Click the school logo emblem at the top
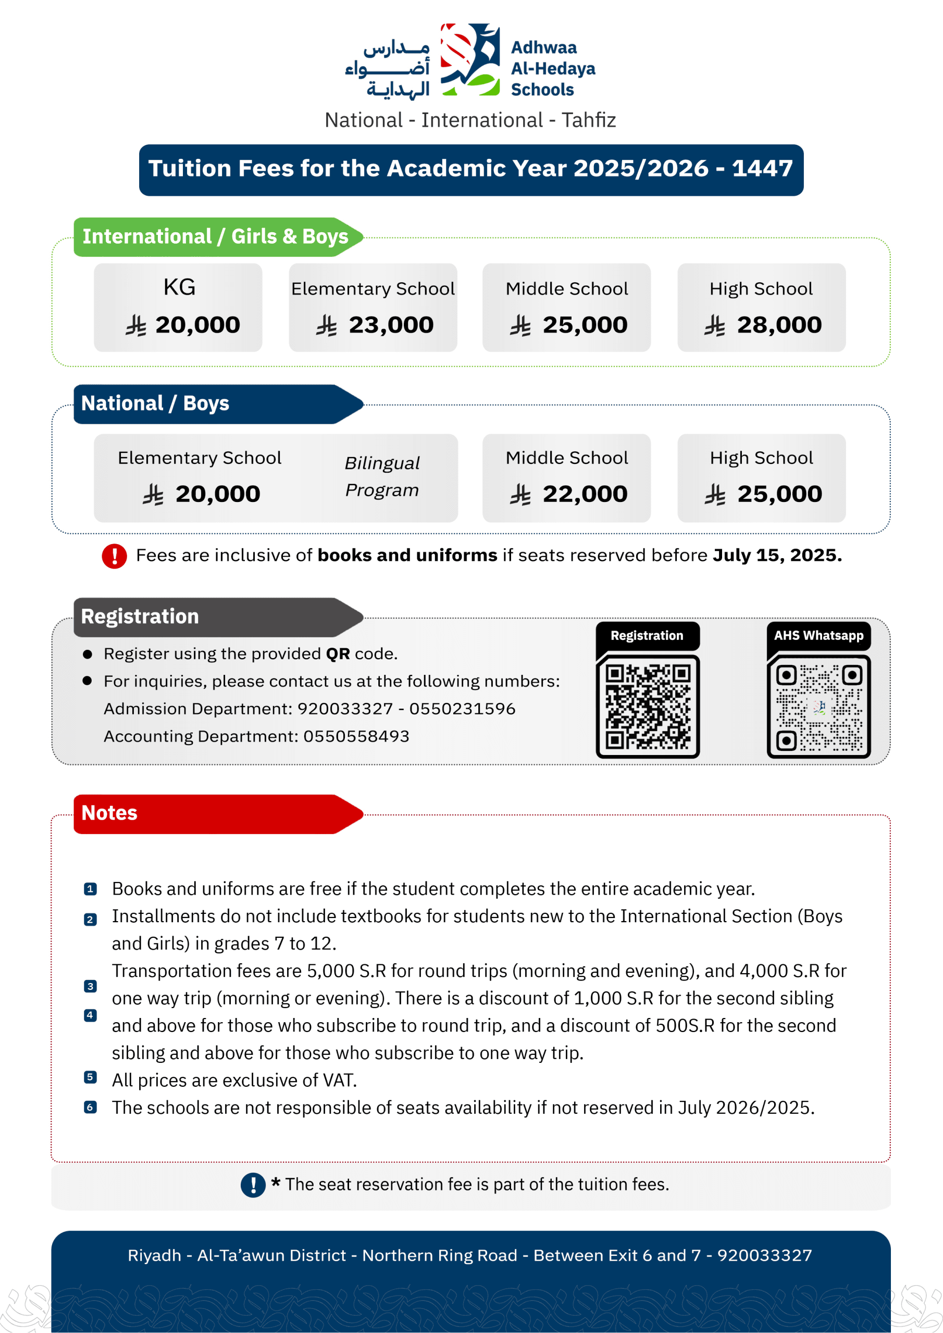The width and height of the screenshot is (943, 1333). (x=470, y=59)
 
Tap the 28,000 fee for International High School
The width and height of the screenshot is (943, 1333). (x=778, y=325)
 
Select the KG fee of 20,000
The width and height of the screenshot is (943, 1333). (x=197, y=325)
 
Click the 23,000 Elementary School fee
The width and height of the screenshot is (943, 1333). (x=390, y=325)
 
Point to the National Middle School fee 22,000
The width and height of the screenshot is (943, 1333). (x=585, y=494)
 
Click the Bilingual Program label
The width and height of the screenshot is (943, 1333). (x=382, y=476)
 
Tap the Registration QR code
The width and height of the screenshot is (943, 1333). (x=647, y=706)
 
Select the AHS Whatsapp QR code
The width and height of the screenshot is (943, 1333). (x=818, y=706)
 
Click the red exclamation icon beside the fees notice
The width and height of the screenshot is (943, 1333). (x=115, y=556)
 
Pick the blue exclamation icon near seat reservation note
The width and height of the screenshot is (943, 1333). (x=253, y=1185)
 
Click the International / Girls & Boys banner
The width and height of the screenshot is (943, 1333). (x=215, y=237)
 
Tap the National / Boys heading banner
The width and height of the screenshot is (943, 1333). (x=215, y=404)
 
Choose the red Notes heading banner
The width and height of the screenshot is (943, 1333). (x=215, y=813)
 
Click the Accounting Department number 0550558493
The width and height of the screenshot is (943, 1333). (x=356, y=736)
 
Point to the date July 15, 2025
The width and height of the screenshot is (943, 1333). (x=777, y=556)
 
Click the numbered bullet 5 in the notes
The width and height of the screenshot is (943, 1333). (x=90, y=1077)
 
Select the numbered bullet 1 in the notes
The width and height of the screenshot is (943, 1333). (x=90, y=889)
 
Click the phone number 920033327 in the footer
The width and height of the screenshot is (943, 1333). (x=764, y=1255)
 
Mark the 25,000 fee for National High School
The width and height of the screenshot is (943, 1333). (x=779, y=494)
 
